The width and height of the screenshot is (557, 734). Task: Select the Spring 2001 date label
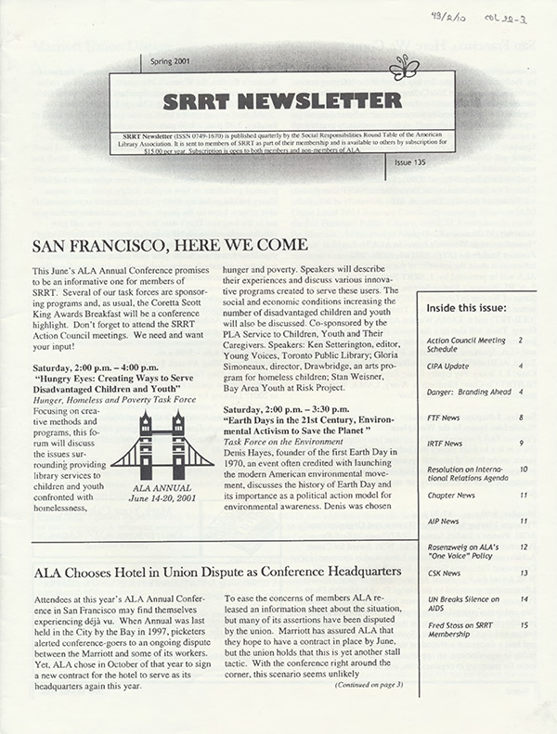click(x=169, y=61)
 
